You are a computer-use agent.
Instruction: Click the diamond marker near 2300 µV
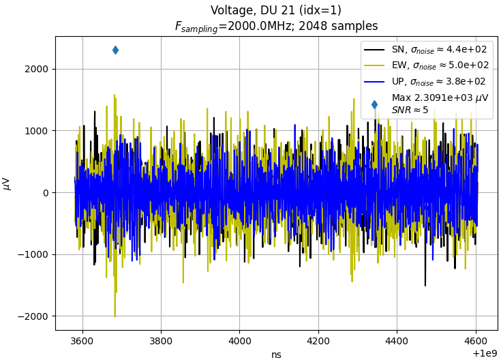[116, 50]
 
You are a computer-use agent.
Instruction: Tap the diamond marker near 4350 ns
[374, 104]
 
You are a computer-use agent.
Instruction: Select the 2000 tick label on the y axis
[36, 70]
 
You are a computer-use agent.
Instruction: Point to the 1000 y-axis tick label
[36, 131]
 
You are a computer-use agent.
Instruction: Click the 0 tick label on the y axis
[45, 193]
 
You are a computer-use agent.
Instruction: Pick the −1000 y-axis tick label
[33, 255]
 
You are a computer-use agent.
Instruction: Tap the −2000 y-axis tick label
[33, 316]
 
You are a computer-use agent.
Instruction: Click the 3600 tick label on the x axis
[82, 341]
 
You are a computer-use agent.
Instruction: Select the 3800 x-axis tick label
[161, 341]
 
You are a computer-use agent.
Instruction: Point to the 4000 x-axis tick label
[240, 341]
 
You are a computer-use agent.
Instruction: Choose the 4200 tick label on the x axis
[318, 341]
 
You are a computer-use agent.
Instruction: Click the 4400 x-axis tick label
[397, 341]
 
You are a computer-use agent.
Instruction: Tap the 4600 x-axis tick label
[476, 341]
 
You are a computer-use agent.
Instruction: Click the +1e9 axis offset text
[485, 353]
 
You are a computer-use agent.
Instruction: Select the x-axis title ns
[276, 355]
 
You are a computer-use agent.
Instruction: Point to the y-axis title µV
[7, 184]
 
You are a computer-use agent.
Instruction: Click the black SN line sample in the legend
[374, 50]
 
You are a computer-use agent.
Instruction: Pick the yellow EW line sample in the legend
[374, 65]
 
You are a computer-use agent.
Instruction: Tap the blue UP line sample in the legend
[374, 82]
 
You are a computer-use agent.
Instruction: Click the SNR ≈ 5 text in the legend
[410, 110]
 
